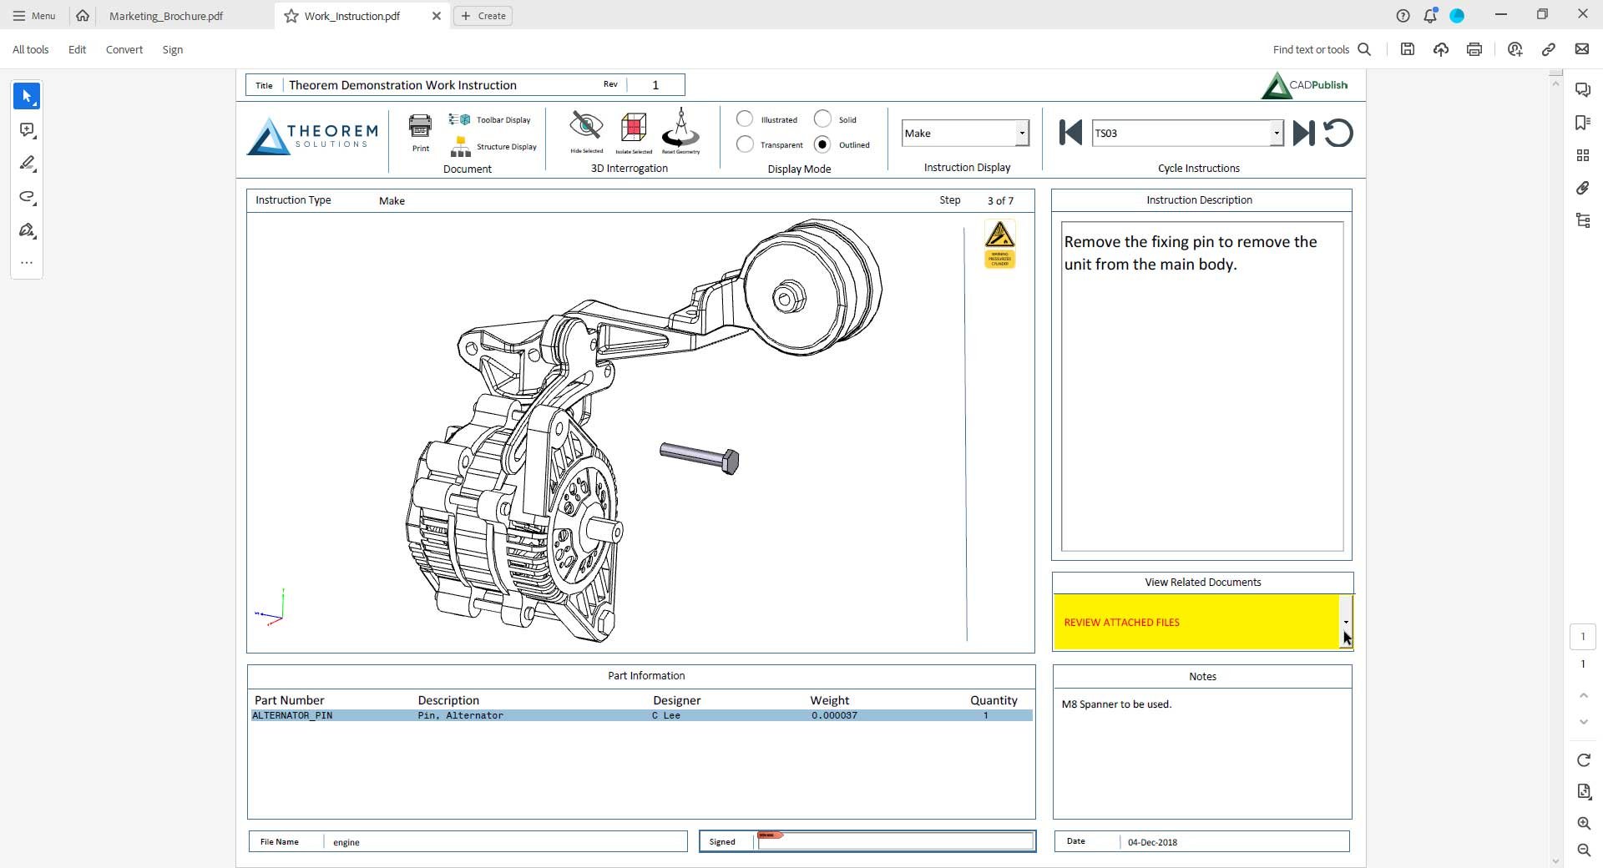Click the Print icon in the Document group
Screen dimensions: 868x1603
(420, 128)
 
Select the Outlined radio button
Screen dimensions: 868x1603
(822, 144)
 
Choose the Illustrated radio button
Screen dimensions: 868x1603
(745, 119)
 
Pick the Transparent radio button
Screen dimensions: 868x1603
(745, 144)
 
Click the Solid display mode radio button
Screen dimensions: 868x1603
(822, 119)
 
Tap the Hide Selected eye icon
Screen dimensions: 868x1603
(586, 127)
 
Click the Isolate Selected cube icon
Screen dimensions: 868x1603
(634, 128)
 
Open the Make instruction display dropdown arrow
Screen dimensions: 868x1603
(1021, 134)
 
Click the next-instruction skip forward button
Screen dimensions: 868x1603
(1303, 134)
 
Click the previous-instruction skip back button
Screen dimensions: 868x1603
(1070, 133)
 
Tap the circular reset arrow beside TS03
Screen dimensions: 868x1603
(1338, 134)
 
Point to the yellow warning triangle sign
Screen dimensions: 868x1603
(999, 235)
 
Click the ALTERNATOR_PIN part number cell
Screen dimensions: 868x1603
(292, 715)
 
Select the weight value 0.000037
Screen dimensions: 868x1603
(834, 715)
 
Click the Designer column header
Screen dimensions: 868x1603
(676, 700)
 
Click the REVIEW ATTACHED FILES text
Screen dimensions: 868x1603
(1121, 623)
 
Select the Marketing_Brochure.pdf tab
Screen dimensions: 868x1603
(166, 16)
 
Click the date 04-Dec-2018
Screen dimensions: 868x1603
(1152, 842)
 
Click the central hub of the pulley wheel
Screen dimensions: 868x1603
(787, 297)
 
